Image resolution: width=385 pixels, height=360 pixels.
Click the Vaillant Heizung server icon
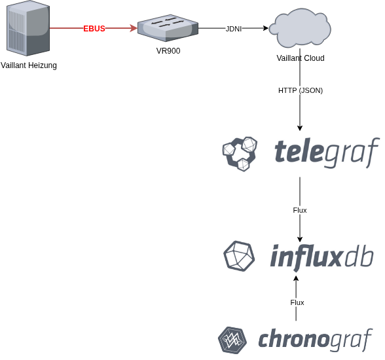28,28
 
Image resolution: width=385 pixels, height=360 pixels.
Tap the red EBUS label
94,28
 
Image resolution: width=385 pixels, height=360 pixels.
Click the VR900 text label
168,50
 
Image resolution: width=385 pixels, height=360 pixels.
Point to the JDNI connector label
234,28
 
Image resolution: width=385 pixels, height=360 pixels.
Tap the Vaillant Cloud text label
301,58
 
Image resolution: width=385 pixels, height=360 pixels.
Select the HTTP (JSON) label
301,90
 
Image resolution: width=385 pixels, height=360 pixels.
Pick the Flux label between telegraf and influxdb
300,210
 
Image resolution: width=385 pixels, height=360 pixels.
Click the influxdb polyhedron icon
239,256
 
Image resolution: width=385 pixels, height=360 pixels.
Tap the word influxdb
321,256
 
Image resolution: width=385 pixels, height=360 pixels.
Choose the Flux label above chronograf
297,302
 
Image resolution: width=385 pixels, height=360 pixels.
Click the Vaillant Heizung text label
29,65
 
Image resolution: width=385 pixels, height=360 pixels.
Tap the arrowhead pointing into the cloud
266,28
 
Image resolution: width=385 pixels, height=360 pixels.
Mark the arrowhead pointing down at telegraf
300,128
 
